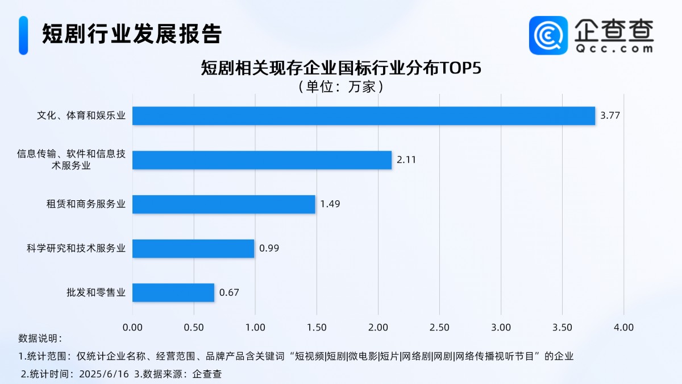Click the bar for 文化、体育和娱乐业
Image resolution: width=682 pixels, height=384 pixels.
(x=364, y=116)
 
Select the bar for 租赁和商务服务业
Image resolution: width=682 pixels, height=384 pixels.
(x=224, y=204)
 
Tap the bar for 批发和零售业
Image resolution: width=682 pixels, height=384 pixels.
(x=173, y=293)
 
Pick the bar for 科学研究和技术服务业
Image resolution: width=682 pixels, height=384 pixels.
(x=193, y=249)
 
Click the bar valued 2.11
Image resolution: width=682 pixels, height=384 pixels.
(x=262, y=160)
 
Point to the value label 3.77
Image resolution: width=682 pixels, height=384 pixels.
(x=610, y=116)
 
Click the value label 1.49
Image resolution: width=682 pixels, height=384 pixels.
(x=330, y=204)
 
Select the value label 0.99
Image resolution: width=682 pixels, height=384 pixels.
(x=269, y=249)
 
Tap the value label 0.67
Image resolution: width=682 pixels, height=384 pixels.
(x=229, y=293)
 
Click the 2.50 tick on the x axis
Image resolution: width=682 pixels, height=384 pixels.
(x=439, y=328)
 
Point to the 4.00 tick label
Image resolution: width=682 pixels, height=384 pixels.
(x=623, y=328)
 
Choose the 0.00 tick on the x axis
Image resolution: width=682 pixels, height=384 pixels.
(x=132, y=328)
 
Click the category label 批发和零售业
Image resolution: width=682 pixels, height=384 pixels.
(x=95, y=293)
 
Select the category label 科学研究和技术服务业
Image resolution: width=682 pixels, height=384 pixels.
(x=76, y=249)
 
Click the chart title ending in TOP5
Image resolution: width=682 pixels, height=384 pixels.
(x=340, y=68)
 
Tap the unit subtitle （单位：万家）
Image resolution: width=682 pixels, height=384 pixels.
(x=340, y=87)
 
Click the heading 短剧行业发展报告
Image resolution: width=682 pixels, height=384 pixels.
(x=131, y=34)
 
